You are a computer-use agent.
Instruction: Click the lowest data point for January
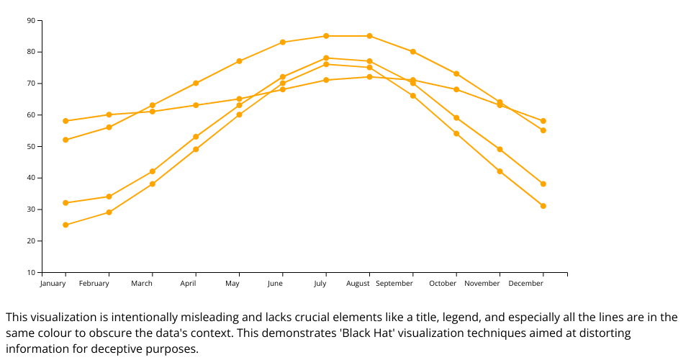(x=66, y=225)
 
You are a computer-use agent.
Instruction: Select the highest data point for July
(x=326, y=36)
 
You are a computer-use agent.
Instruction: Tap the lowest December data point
(x=543, y=206)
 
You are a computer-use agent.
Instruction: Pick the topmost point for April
(x=196, y=84)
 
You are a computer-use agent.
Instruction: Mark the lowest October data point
(x=456, y=133)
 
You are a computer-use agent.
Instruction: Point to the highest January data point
(x=66, y=121)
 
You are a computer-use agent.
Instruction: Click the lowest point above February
(x=109, y=212)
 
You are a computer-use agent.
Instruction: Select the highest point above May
(x=239, y=61)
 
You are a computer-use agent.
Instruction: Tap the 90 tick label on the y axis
(x=31, y=20)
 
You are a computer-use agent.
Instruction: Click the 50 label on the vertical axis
(x=31, y=146)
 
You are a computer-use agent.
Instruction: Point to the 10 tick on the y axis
(x=31, y=272)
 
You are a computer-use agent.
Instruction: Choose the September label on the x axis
(x=394, y=284)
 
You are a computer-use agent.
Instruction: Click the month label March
(x=142, y=284)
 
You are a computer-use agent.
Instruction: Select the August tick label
(x=358, y=284)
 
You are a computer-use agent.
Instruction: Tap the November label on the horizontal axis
(x=482, y=284)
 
